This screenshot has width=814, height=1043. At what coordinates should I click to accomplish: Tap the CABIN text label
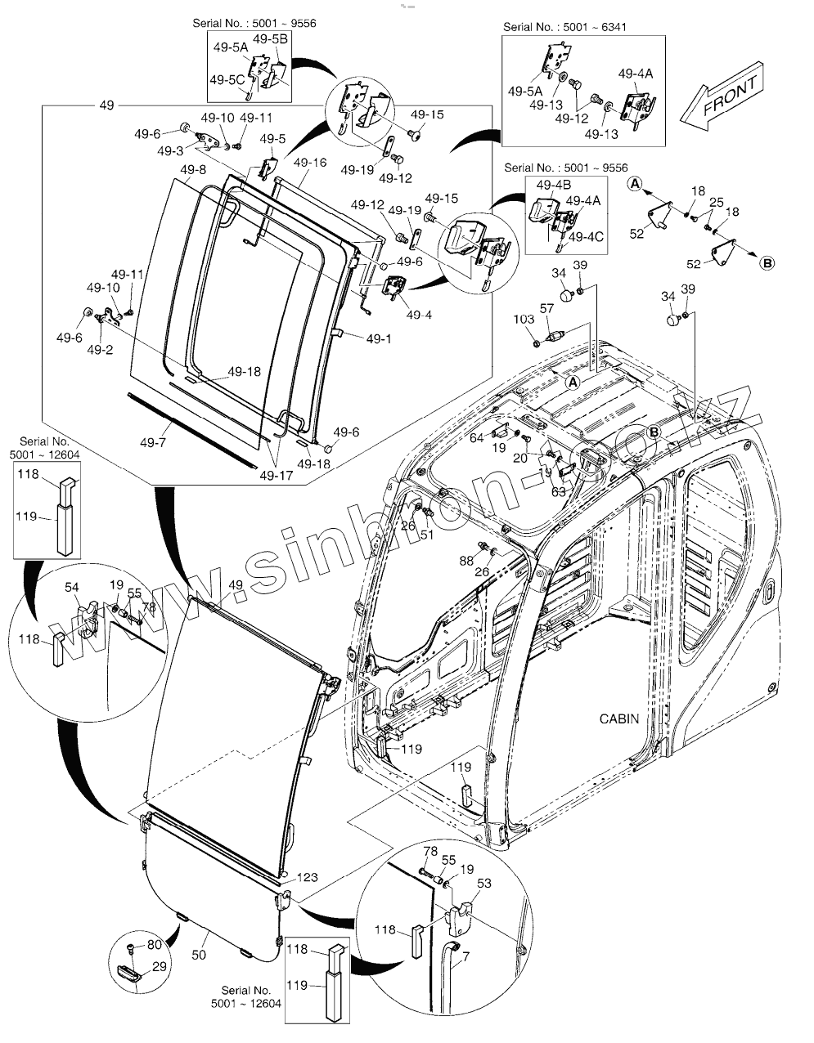(619, 719)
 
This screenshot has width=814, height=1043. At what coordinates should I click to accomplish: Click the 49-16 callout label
(310, 163)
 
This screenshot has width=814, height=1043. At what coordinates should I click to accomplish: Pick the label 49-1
(379, 338)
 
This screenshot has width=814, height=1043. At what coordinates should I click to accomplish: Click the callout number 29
(159, 967)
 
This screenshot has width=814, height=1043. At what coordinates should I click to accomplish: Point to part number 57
(546, 309)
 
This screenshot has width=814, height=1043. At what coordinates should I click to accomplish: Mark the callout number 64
(476, 438)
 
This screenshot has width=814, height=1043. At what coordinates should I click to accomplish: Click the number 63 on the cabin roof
(559, 493)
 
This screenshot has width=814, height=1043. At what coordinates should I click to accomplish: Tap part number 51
(425, 535)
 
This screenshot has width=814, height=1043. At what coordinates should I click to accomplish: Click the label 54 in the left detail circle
(72, 589)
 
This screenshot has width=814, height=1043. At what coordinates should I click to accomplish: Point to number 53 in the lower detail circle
(483, 884)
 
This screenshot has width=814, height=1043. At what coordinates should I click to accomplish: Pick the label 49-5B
(270, 39)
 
